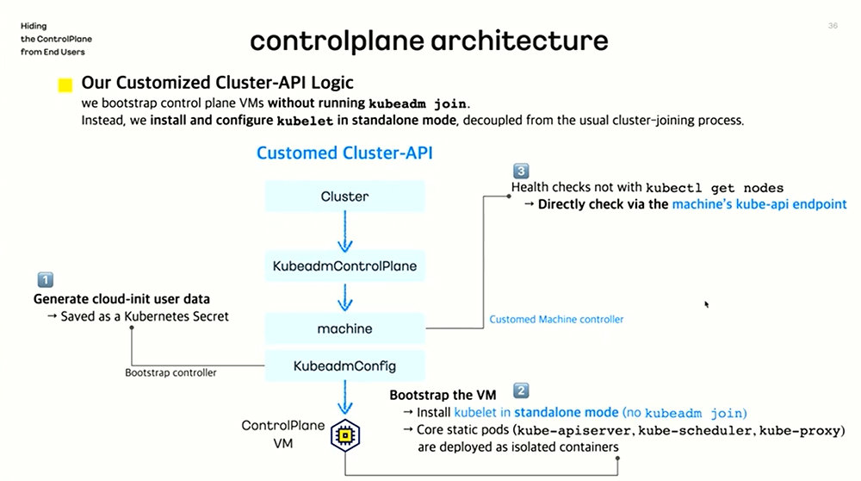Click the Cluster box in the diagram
[x=344, y=197]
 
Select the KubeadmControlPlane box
[x=344, y=266]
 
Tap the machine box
[x=344, y=328]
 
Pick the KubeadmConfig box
[x=344, y=365]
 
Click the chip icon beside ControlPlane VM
[x=344, y=437]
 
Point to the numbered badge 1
[x=45, y=279]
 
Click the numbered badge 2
[x=521, y=390]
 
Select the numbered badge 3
[x=520, y=171]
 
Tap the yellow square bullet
[x=65, y=85]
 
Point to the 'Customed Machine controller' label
[x=556, y=319]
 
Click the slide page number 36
[x=833, y=27]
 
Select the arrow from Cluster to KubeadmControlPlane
[x=344, y=230]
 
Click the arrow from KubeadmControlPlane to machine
[x=344, y=297]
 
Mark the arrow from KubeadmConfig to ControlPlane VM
[x=344, y=399]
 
